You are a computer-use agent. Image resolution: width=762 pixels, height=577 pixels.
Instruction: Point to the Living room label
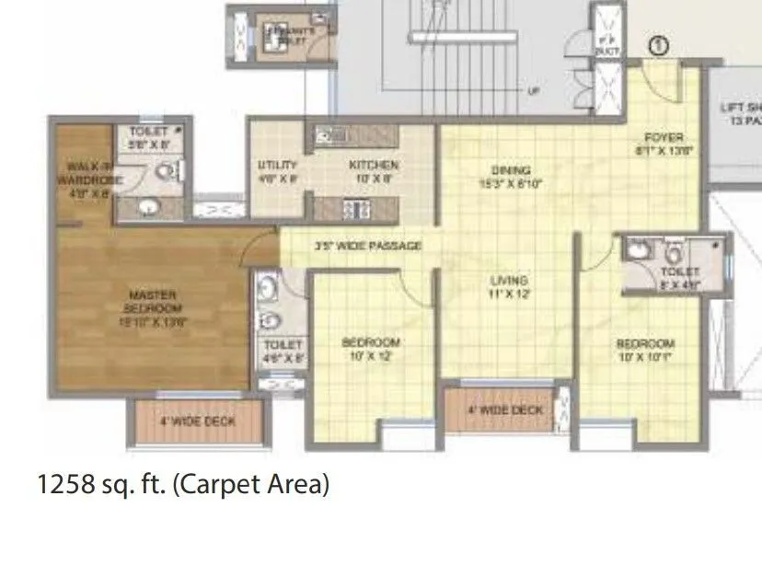pyautogui.click(x=508, y=286)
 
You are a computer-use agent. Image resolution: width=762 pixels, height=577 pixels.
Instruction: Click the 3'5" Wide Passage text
pyautogui.click(x=367, y=246)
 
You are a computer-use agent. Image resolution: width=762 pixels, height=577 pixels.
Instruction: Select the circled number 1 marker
pyautogui.click(x=658, y=43)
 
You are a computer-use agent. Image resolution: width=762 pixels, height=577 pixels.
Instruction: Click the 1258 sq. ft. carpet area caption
pyautogui.click(x=182, y=484)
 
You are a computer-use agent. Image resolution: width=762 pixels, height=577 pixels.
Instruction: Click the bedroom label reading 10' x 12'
pyautogui.click(x=370, y=349)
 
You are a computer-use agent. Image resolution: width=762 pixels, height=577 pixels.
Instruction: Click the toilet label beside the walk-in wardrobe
pyautogui.click(x=148, y=138)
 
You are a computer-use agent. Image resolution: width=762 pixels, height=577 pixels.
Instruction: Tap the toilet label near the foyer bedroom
pyautogui.click(x=679, y=277)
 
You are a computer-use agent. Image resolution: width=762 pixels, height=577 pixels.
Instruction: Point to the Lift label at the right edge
pyautogui.click(x=742, y=114)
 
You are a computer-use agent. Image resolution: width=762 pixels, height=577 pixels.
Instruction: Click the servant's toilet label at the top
pyautogui.click(x=291, y=34)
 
